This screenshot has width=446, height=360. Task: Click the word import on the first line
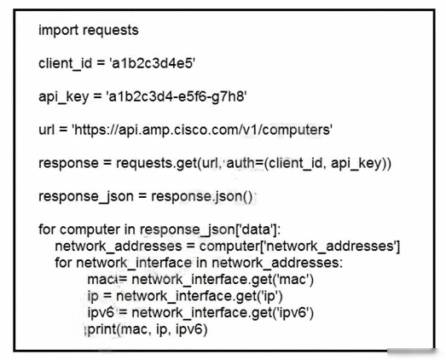[x=59, y=31]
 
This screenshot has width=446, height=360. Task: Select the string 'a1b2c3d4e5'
[x=152, y=63]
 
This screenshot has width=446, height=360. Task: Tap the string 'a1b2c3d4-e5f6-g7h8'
[x=177, y=96]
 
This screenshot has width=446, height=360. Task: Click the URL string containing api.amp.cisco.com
[x=202, y=130]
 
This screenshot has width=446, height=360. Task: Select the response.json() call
[x=201, y=197]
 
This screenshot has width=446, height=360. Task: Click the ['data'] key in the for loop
[x=258, y=229]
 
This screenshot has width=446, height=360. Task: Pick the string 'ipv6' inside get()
[x=293, y=313]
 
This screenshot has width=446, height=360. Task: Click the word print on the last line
[x=102, y=330]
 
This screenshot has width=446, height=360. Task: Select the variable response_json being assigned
[x=86, y=197]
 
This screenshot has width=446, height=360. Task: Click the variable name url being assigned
[x=46, y=130]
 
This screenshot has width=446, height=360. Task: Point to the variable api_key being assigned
[x=64, y=96]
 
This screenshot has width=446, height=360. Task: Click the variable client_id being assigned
[x=66, y=63]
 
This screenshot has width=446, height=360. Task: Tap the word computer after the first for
[x=90, y=229]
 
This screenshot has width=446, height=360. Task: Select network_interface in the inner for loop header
[x=134, y=263]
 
